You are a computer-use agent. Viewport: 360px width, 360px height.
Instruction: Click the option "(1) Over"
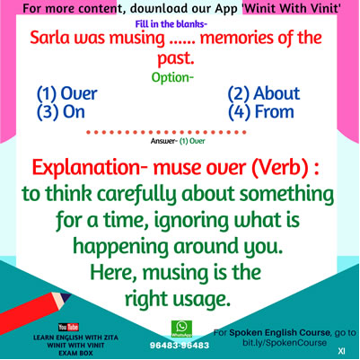(x=67, y=93)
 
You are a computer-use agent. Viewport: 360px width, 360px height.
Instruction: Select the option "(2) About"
(x=264, y=93)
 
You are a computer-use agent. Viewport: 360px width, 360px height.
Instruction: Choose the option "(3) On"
(x=61, y=112)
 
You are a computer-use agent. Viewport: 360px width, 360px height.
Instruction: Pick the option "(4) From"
(x=261, y=112)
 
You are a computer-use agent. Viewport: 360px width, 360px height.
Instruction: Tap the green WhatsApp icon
(x=181, y=329)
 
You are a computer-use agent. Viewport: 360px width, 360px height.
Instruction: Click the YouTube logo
(x=68, y=327)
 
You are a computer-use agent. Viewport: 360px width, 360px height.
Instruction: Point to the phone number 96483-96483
(x=180, y=346)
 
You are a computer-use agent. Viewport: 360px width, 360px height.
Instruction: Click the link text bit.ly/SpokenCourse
(x=285, y=343)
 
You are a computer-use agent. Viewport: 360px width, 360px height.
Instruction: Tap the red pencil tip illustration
(x=66, y=299)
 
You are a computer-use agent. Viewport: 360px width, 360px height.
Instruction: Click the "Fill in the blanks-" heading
(x=171, y=24)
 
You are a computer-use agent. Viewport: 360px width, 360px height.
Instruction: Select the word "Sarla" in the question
(x=49, y=39)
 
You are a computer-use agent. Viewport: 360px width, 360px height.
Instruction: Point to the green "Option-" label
(x=172, y=77)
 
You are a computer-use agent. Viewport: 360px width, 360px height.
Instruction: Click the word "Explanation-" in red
(x=90, y=168)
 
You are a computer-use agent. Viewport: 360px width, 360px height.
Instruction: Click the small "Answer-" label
(x=162, y=141)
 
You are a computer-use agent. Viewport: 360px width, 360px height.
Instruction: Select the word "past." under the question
(x=176, y=58)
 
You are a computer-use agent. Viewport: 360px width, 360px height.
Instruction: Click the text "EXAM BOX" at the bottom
(x=75, y=353)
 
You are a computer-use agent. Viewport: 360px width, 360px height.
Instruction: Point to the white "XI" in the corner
(x=341, y=351)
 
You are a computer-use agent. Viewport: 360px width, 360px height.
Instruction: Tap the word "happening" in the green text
(x=121, y=247)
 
